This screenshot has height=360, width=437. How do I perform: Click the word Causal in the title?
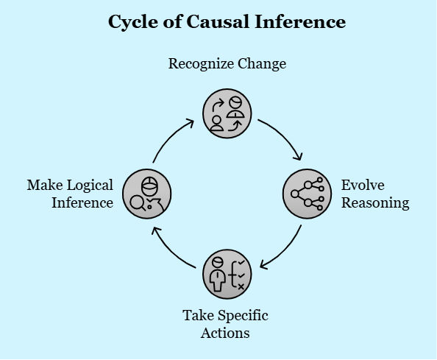217,21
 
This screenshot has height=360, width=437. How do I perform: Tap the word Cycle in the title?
134,22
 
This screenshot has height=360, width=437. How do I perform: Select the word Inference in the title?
300,21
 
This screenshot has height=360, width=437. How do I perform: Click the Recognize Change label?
227,64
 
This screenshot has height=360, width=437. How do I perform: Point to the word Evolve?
363,185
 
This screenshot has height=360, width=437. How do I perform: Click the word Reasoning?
375,203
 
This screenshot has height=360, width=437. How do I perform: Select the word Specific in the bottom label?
243,316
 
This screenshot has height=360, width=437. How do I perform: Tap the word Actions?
225,333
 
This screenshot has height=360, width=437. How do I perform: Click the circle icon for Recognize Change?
227,113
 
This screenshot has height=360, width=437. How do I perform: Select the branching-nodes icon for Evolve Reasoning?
307,194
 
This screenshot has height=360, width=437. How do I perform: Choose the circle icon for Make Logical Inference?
147,194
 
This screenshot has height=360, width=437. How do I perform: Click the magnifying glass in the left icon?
138,203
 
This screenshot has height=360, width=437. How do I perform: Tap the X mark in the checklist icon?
241,286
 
